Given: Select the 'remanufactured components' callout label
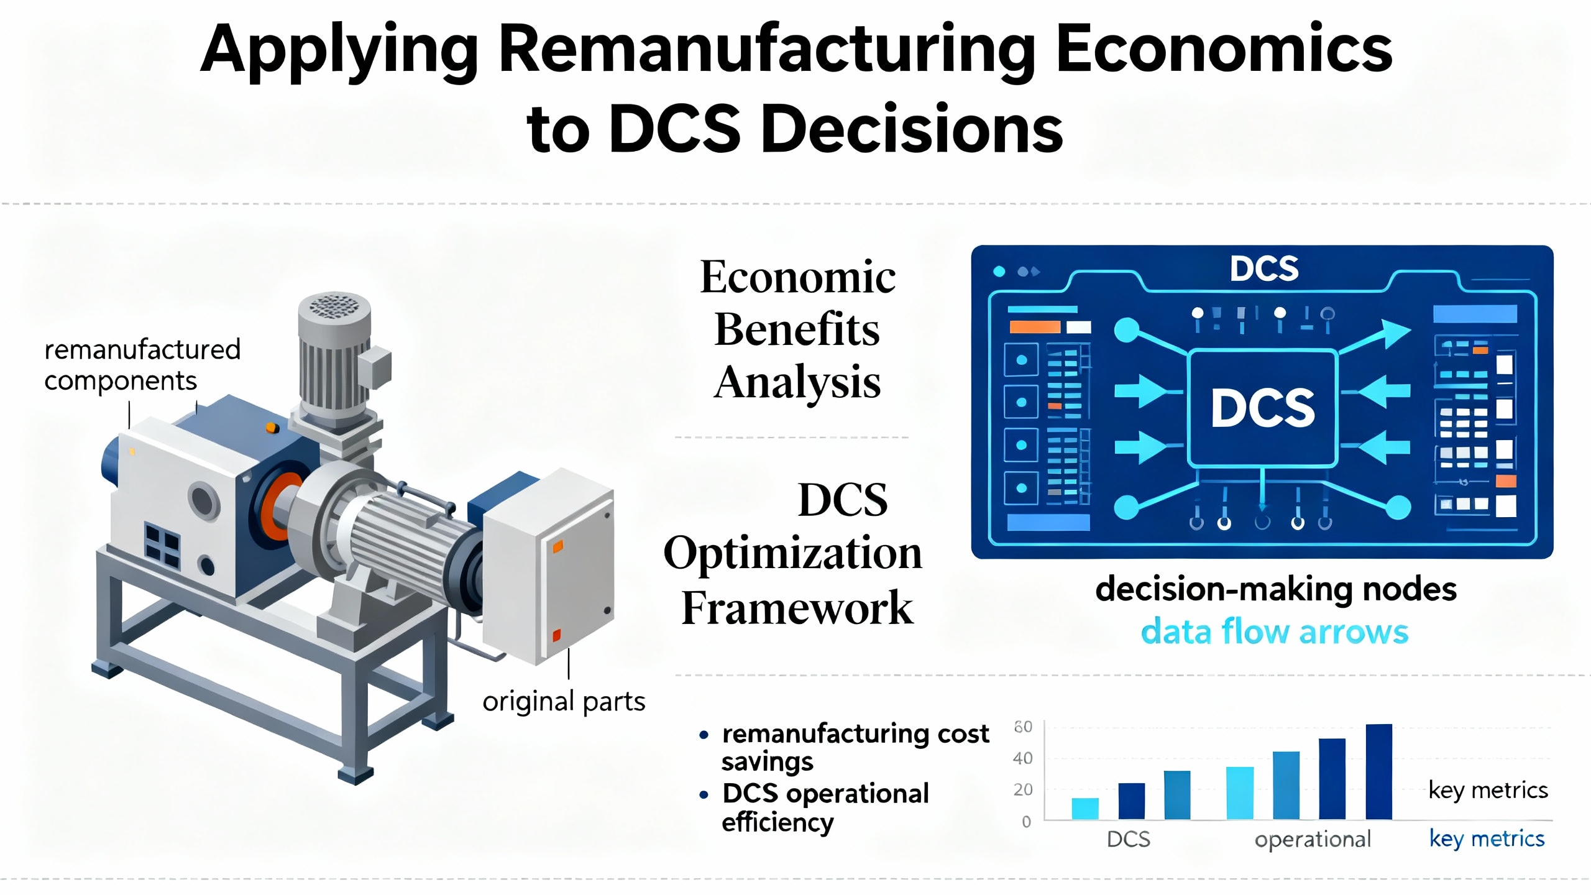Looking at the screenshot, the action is click(142, 365).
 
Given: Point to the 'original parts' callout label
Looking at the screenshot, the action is click(564, 702).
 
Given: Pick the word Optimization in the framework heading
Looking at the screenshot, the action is click(793, 553).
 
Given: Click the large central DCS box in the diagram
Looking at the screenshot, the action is click(1262, 408).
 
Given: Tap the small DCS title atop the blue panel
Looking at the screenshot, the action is click(1264, 269).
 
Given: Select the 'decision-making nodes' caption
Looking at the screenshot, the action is click(1276, 589).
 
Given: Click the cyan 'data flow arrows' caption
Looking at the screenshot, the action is click(1275, 632).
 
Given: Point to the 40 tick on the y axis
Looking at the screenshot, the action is click(1022, 758).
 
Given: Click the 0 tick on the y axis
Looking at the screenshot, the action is click(1027, 822).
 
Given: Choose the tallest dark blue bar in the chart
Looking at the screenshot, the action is click(1378, 772).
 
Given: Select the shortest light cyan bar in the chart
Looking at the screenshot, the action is click(1085, 809).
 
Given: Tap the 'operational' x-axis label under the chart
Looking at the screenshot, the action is click(1313, 840).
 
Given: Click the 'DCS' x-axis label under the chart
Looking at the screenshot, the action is click(1129, 840).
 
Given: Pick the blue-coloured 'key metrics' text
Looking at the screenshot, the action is click(1487, 839).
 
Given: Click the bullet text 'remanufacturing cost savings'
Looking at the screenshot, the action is click(855, 748).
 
